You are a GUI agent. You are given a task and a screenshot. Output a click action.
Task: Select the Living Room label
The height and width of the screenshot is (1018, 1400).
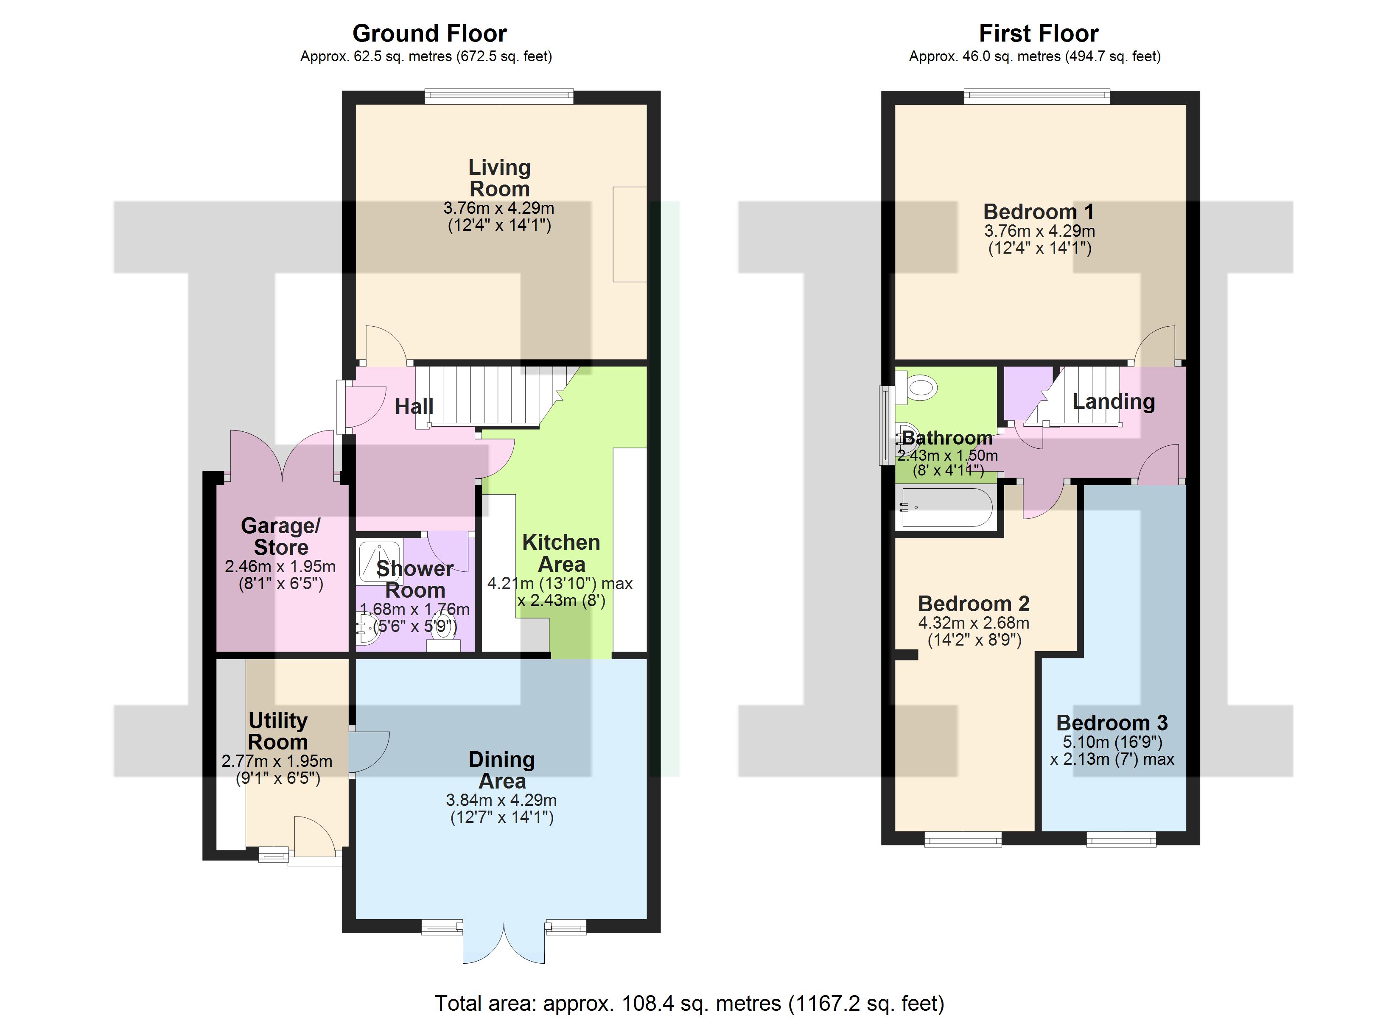click(x=499, y=178)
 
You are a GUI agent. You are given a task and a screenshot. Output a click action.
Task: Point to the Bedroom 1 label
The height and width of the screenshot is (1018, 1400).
click(x=1039, y=212)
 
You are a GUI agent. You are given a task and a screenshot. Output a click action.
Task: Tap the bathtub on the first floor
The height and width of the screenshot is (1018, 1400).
click(x=947, y=507)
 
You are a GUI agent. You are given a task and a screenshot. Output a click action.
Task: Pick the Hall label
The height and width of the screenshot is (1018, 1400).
click(x=414, y=406)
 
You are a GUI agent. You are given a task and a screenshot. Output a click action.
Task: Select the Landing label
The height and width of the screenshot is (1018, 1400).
click(x=1114, y=402)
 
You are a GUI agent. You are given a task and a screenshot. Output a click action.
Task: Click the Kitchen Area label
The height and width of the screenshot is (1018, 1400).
click(x=561, y=553)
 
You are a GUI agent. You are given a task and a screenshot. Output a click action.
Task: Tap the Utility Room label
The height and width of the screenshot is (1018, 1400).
click(x=278, y=731)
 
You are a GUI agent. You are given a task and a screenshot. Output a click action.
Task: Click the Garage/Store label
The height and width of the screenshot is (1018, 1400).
click(x=281, y=537)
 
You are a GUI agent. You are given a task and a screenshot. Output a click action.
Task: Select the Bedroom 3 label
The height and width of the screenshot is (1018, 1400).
click(x=1112, y=723)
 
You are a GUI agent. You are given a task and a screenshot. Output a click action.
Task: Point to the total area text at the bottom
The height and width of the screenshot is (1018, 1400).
click(x=689, y=1003)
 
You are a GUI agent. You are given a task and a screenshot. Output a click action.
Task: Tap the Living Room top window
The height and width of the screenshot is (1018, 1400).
click(x=499, y=96)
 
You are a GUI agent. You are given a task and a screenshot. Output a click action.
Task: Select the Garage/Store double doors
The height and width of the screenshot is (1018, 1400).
click(x=283, y=456)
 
